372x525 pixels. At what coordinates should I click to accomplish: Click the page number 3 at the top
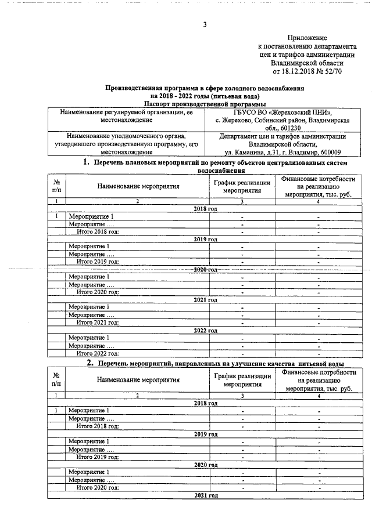coord(205,24)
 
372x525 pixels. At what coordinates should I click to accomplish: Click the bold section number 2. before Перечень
coord(90,363)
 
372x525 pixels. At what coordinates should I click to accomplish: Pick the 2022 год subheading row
coord(205,330)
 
